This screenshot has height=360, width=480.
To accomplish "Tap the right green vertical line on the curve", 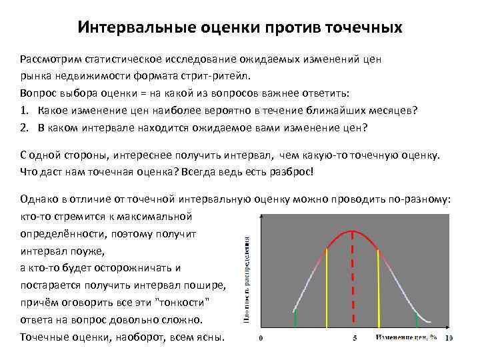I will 417,320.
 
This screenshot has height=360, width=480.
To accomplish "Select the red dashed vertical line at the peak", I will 353,280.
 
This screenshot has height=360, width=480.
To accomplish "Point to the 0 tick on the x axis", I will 260,338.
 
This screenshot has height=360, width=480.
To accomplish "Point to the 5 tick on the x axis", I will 353,338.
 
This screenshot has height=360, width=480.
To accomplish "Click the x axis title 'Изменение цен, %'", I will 406,338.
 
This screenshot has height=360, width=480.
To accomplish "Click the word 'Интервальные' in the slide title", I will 135,28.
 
